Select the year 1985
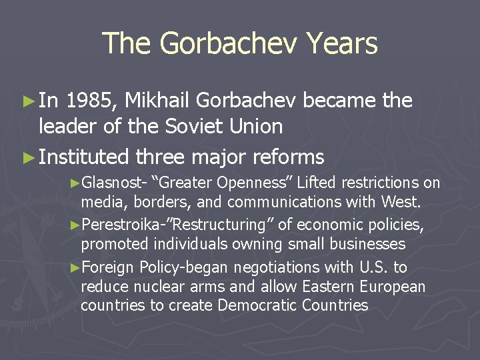point(93,101)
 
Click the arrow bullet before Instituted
point(28,158)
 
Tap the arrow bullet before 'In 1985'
point(28,101)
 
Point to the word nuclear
point(159,287)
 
